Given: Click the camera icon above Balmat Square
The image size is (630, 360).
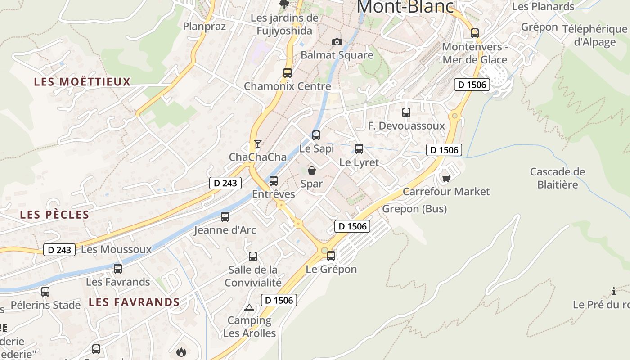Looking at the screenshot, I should pyautogui.click(x=337, y=42).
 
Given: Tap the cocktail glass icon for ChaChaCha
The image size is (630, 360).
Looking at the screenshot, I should pyautogui.click(x=257, y=144).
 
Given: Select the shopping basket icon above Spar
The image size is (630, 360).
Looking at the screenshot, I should pyautogui.click(x=311, y=171).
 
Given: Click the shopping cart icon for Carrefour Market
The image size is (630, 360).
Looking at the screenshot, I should pyautogui.click(x=446, y=179).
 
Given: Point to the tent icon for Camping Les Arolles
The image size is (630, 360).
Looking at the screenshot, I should pyautogui.click(x=249, y=308).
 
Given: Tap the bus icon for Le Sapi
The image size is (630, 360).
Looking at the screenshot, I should pyautogui.click(x=316, y=135).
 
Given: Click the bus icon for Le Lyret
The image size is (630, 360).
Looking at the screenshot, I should pyautogui.click(x=359, y=148).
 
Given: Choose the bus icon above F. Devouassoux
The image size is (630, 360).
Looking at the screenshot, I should pyautogui.click(x=406, y=112).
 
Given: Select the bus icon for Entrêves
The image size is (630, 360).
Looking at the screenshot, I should pyautogui.click(x=273, y=181).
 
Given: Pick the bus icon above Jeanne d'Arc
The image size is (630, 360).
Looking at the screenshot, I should pyautogui.click(x=225, y=217).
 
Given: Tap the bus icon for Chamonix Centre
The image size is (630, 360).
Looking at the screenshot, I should pyautogui.click(x=287, y=72).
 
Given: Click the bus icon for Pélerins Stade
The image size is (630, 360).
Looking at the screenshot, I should pyautogui.click(x=45, y=291).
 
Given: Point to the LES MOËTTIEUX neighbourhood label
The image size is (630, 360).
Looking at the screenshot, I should pyautogui.click(x=82, y=82).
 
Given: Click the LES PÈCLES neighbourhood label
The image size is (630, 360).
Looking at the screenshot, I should pyautogui.click(x=54, y=215).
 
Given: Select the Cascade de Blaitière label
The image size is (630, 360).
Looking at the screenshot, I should pyautogui.click(x=558, y=178).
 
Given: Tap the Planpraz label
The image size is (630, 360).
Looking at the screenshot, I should pyautogui.click(x=204, y=27).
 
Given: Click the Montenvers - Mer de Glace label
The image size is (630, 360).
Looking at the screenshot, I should pyautogui.click(x=475, y=53).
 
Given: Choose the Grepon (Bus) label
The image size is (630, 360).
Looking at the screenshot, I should pyautogui.click(x=414, y=209).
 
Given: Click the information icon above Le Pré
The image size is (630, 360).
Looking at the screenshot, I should pyautogui.click(x=614, y=291).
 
